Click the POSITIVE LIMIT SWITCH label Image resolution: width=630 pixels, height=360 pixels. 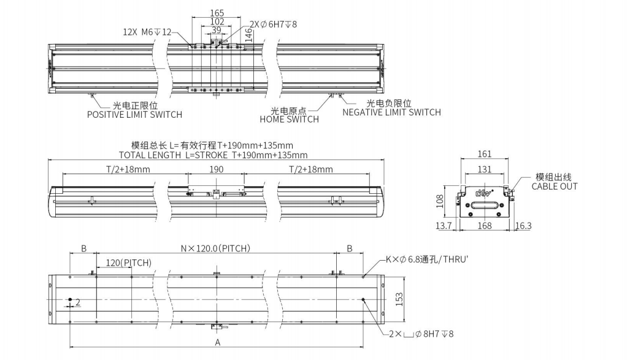(x=134, y=115)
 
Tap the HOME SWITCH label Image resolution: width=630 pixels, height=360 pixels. (x=289, y=120)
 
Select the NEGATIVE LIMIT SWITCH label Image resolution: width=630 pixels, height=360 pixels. (x=391, y=112)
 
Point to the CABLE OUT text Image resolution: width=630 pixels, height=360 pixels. (x=554, y=186)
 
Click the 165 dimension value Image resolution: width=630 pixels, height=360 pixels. (x=217, y=13)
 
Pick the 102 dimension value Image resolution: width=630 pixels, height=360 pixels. (x=217, y=21)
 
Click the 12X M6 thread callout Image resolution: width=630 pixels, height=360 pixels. (x=147, y=32)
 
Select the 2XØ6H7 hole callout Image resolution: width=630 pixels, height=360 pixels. (x=273, y=25)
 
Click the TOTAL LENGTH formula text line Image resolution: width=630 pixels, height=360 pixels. (x=213, y=155)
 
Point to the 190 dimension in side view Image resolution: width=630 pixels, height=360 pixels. (x=217, y=170)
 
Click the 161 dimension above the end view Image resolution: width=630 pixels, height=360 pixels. (x=485, y=154)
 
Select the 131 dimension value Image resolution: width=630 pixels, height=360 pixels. (x=485, y=169)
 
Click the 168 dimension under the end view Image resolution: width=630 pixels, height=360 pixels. (x=485, y=226)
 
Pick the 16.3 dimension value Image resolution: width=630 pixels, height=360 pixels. (x=523, y=226)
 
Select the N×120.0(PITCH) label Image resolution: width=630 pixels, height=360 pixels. (x=215, y=248)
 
